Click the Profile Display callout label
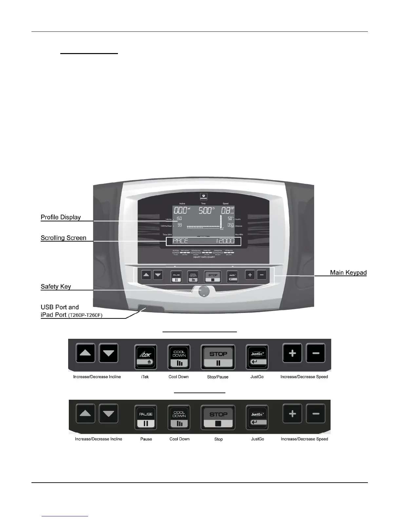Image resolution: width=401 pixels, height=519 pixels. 61,217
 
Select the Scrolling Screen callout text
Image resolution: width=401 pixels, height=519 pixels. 64,238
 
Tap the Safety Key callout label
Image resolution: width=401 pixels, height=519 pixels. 56,287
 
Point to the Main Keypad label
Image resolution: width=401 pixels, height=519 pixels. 348,273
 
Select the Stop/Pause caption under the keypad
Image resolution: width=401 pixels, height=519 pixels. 218,377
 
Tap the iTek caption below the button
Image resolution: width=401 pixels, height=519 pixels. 145,377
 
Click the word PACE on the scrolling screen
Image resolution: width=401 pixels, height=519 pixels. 180,241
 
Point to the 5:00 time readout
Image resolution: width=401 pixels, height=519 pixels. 205,211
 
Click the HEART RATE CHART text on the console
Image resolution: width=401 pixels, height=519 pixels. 204,257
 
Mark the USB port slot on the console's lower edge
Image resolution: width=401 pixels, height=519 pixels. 144,308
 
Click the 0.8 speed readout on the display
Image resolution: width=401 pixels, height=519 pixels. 226,211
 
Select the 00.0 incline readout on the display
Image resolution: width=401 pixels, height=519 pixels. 180,211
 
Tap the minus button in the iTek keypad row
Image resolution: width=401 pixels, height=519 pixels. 316,353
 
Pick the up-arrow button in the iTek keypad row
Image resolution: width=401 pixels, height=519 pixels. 86,353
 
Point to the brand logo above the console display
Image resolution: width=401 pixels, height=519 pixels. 203,197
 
